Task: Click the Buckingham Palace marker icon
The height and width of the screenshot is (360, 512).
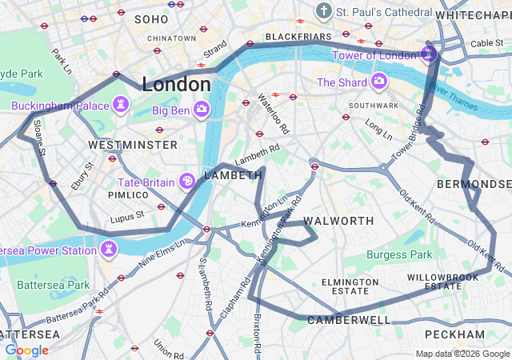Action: (x=120, y=104)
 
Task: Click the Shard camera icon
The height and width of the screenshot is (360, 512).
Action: (x=378, y=82)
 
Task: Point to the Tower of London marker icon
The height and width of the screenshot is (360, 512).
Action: (x=428, y=54)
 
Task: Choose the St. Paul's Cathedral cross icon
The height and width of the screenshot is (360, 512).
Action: (x=323, y=12)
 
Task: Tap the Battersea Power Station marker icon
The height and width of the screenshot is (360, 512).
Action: (x=108, y=250)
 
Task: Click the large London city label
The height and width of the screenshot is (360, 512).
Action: (x=176, y=84)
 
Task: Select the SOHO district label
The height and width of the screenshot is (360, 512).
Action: (x=151, y=18)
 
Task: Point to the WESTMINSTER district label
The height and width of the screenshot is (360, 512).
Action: (x=133, y=145)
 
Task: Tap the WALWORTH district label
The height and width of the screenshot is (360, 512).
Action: (x=338, y=221)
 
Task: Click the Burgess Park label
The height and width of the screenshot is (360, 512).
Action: (x=399, y=254)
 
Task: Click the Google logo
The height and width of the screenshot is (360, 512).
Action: (x=26, y=350)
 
